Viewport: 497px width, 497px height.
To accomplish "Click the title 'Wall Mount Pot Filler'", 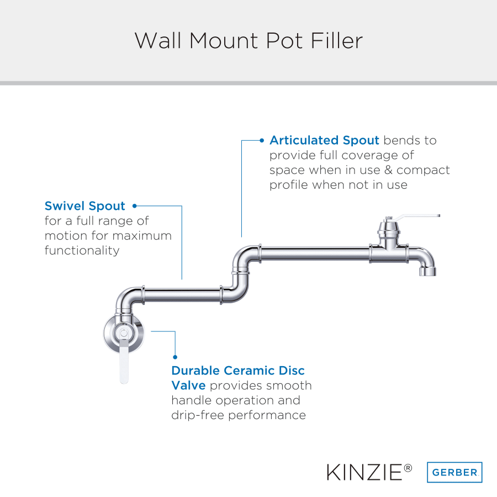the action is click(x=248, y=40).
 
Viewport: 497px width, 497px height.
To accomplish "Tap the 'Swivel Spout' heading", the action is click(x=85, y=206).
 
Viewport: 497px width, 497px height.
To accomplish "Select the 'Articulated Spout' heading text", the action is click(x=324, y=140).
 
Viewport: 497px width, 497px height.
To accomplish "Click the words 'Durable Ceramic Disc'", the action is click(x=237, y=371).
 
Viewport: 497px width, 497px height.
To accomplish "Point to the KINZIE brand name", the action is click(x=364, y=472).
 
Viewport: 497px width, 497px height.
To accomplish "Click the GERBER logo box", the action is click(x=454, y=472).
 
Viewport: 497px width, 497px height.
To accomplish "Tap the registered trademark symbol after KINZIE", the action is click(x=408, y=468).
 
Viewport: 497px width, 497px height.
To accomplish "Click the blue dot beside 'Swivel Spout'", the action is click(x=134, y=206).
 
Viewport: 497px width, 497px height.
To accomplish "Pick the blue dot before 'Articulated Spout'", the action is click(x=262, y=140).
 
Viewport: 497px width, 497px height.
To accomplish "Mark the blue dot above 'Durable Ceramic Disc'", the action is click(x=175, y=357).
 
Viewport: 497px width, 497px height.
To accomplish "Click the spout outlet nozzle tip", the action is click(x=427, y=271).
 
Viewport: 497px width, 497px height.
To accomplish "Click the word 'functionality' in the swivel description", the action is click(x=82, y=250).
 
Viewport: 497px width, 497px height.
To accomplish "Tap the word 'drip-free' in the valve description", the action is click(x=198, y=415).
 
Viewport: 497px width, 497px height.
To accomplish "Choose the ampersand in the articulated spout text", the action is click(x=388, y=170).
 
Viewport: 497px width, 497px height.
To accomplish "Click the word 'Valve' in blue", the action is click(x=189, y=385).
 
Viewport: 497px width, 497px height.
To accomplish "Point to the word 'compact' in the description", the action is click(x=423, y=171).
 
